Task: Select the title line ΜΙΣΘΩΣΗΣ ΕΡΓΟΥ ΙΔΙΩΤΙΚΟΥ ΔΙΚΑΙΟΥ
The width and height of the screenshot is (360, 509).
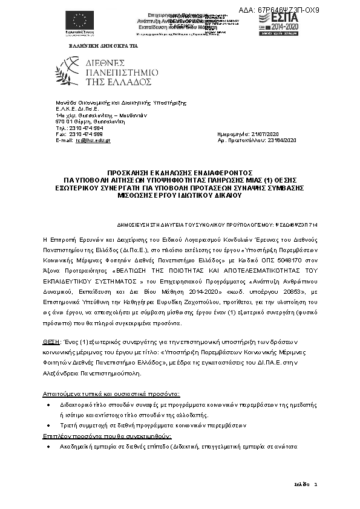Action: pyautogui.click(x=180, y=196)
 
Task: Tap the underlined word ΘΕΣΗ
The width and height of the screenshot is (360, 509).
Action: pyautogui.click(x=50, y=342)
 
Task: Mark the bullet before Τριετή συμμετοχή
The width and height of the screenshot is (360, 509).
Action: pyautogui.click(x=48, y=426)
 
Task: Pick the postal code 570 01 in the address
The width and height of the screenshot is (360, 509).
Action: pyautogui.click(x=61, y=122)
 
